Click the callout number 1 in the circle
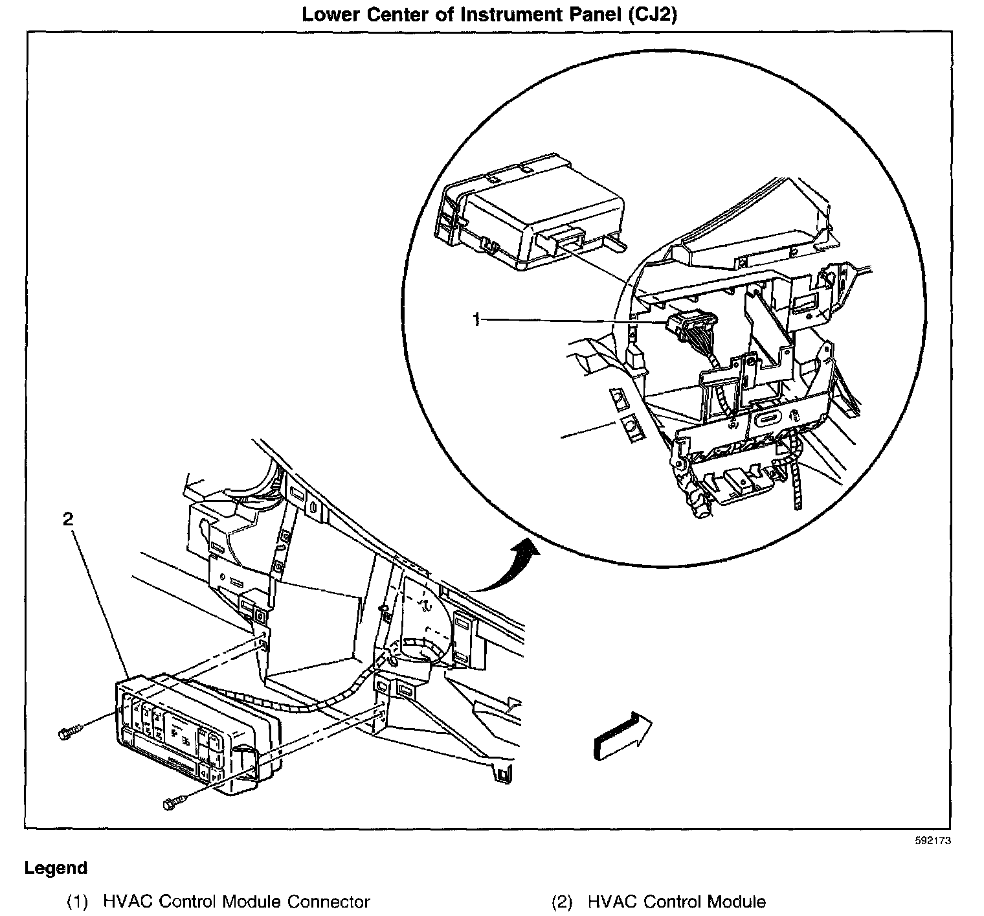tap(476, 319)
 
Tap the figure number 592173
tap(934, 841)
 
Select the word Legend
tap(56, 868)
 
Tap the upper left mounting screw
tap(68, 734)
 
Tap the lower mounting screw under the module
tap(171, 804)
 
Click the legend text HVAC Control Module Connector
tap(236, 902)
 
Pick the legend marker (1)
tap(79, 902)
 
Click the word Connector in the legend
tap(328, 902)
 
